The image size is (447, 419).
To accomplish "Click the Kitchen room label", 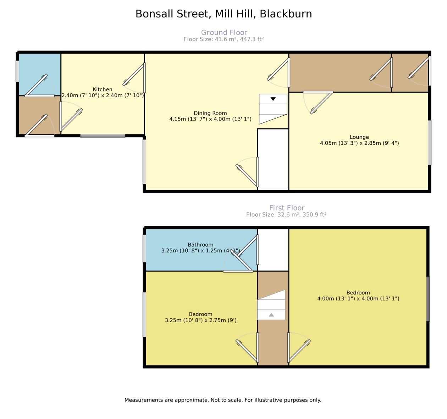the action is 103,89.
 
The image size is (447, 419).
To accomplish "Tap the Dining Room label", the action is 210,113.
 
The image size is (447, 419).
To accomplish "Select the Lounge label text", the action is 359,137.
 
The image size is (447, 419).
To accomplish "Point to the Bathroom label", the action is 200,244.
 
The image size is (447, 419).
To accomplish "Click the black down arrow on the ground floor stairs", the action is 273,99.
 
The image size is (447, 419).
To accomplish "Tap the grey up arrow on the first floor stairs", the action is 271,315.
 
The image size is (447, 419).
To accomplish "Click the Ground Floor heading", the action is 224,32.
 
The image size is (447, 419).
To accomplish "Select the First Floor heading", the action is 287,208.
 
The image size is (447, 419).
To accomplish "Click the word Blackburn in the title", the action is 286,14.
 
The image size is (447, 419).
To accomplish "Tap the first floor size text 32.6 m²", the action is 288,215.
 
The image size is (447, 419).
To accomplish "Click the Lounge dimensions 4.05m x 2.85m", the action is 359,143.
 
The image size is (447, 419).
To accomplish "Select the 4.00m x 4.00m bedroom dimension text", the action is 358,299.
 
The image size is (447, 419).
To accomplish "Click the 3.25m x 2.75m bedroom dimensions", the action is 200,320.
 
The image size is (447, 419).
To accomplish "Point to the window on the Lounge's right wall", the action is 430,142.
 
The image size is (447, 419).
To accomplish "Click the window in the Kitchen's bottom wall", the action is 103,136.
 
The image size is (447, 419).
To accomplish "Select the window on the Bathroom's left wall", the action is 144,248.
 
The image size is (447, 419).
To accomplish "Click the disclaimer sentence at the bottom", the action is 223,400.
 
